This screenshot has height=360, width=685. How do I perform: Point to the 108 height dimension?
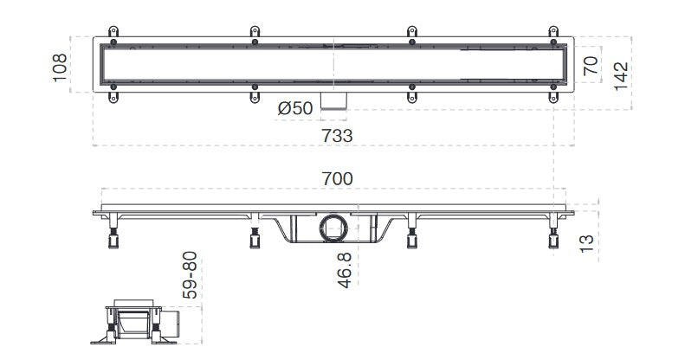click(x=60, y=66)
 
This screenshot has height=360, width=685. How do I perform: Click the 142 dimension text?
click(x=621, y=77)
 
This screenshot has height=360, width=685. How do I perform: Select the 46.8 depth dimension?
click(x=345, y=270)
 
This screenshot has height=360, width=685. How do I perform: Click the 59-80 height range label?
click(x=190, y=275)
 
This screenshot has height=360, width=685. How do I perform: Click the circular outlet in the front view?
click(x=333, y=228)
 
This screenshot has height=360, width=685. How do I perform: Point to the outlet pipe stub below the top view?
click(x=333, y=100)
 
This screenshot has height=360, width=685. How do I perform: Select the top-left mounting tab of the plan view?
click(x=112, y=34)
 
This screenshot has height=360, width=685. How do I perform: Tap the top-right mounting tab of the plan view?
click(x=553, y=34)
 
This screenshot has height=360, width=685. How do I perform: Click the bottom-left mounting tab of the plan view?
click(x=112, y=95)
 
